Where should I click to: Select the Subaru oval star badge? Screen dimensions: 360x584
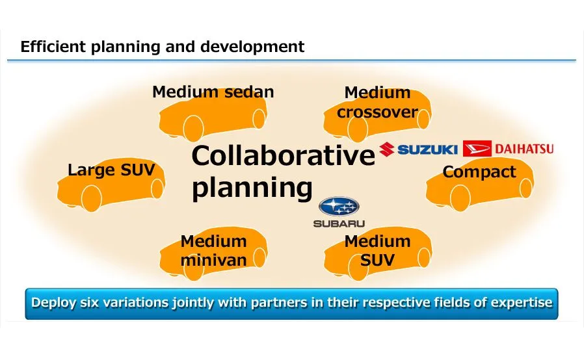(x=339, y=207)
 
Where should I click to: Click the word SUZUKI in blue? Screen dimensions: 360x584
(x=428, y=150)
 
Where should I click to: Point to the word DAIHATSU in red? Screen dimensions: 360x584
(x=524, y=149)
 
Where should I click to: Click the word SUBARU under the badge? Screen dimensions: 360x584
(x=339, y=224)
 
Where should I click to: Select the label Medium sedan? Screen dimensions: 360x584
(x=213, y=92)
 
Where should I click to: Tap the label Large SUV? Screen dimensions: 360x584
(x=111, y=171)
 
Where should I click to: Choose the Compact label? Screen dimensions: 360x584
(x=479, y=172)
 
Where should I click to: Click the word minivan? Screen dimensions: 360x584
(x=214, y=261)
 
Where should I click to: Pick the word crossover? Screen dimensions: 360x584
(x=377, y=112)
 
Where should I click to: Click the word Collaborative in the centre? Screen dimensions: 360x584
(x=283, y=157)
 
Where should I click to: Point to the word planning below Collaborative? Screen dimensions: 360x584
(x=252, y=188)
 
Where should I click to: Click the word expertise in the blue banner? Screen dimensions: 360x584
(x=521, y=303)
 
